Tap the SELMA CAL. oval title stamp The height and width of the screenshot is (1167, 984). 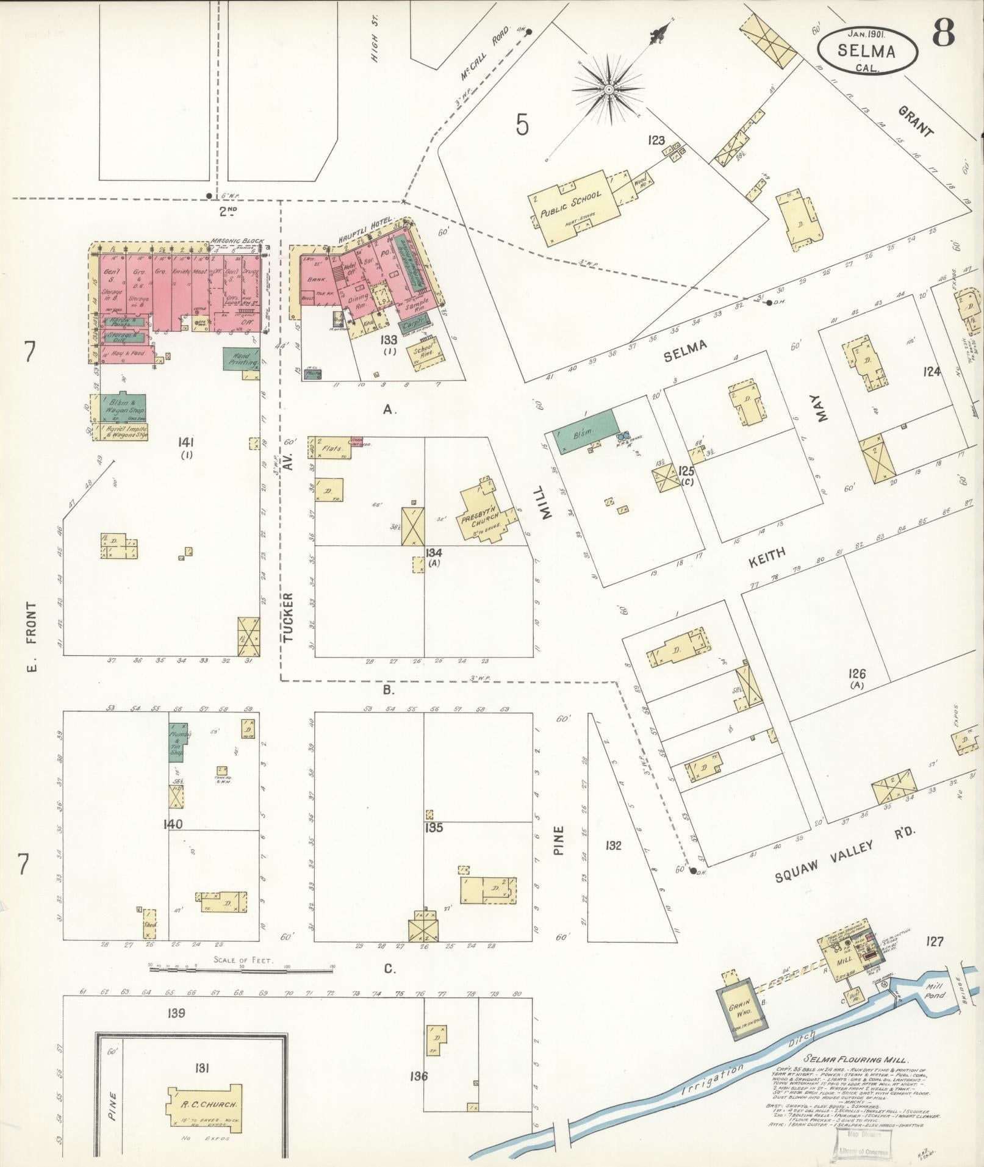(x=867, y=51)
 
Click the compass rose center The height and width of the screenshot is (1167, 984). (x=608, y=90)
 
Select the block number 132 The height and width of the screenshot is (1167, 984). (x=613, y=846)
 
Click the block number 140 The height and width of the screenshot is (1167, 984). (x=173, y=825)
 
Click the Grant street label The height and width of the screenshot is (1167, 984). (x=916, y=122)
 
